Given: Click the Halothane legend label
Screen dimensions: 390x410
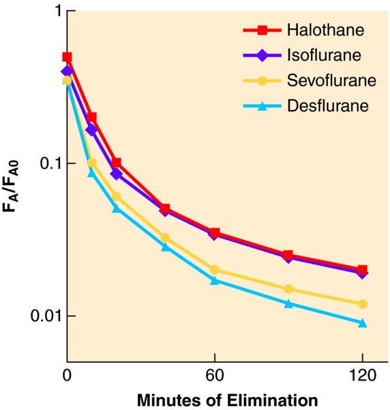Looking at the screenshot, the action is [x=325, y=30].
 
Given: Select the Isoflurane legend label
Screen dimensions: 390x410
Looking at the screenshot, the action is [x=325, y=55].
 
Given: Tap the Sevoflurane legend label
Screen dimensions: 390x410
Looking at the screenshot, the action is [x=331, y=80].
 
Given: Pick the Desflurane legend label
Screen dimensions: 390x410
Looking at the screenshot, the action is [x=328, y=106].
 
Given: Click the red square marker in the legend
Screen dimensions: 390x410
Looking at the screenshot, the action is [x=262, y=30].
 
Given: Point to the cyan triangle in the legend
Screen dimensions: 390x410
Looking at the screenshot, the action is [x=262, y=106].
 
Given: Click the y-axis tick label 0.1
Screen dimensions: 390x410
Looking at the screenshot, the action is [x=50, y=163].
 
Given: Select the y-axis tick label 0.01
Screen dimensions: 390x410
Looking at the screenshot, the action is [x=46, y=316].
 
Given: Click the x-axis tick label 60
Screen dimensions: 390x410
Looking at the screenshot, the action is [x=215, y=375].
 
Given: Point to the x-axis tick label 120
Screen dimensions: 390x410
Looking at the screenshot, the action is [x=362, y=375].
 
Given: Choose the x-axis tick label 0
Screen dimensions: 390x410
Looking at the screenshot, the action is [x=67, y=375].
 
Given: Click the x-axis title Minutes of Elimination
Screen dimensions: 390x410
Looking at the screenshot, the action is [x=228, y=400].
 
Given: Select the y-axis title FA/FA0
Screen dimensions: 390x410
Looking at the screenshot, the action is [x=11, y=186].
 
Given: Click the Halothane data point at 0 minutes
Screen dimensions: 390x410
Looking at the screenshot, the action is [x=67, y=57].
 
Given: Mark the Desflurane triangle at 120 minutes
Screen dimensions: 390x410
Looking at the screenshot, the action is [x=362, y=323].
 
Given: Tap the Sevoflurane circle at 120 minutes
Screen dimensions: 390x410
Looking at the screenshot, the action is [x=362, y=304].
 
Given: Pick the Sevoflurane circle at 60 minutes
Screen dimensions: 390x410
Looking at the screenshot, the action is [x=215, y=270].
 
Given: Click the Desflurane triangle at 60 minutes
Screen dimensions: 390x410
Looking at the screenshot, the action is [x=215, y=281].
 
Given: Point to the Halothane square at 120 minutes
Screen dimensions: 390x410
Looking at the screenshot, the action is [x=362, y=269].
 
